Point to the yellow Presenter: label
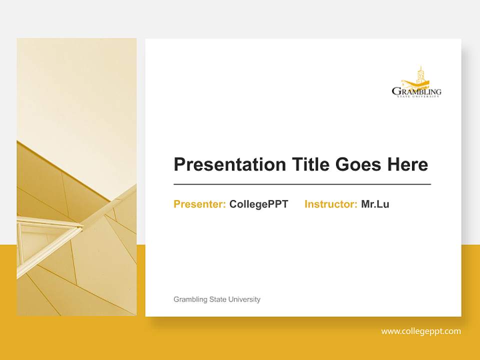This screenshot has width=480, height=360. click(x=199, y=204)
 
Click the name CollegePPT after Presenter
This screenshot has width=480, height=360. click(x=258, y=204)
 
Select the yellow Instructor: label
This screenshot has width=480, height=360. click(x=330, y=204)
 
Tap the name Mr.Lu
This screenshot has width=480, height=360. click(x=375, y=204)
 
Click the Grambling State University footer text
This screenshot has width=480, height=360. click(x=216, y=299)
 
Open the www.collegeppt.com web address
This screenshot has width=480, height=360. click(x=420, y=331)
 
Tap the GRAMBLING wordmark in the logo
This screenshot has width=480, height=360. click(x=416, y=91)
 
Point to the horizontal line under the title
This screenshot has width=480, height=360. click(x=302, y=184)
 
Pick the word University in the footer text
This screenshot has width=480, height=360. click(x=244, y=299)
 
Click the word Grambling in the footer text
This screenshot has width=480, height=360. click(x=190, y=299)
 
